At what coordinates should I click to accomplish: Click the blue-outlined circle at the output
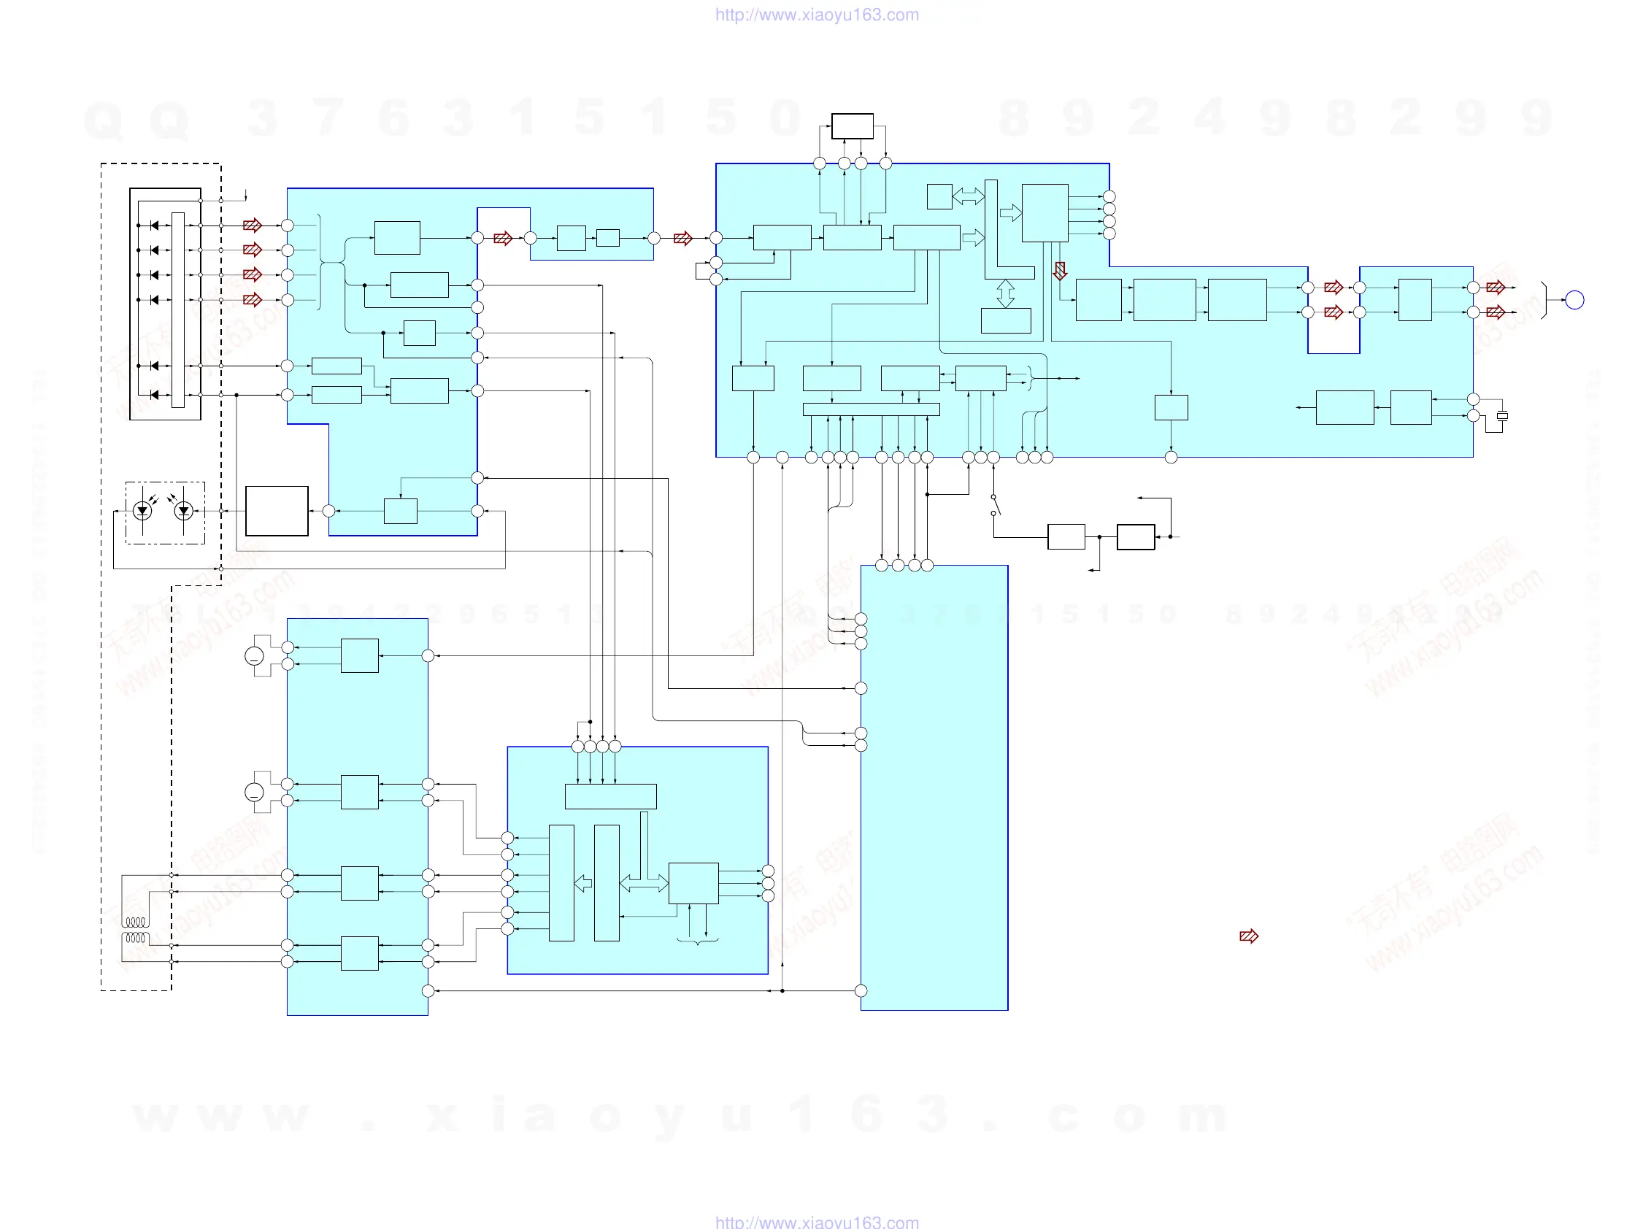pos(1574,300)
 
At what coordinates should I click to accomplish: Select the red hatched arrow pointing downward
pos(1060,271)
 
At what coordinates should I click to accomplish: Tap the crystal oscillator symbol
pos(1502,416)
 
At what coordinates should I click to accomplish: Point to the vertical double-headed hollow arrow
pos(1005,293)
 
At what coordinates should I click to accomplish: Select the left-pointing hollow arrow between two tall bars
pos(583,883)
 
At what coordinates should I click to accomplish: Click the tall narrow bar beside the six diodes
pos(177,309)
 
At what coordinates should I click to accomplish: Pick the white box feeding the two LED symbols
pos(277,511)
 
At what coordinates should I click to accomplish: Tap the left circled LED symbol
pos(142,510)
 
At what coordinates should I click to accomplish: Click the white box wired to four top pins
pos(852,126)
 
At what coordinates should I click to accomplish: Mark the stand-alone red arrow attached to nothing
pos(1248,936)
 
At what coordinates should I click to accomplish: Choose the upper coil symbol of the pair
pos(136,922)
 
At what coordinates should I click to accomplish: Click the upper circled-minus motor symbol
pos(254,655)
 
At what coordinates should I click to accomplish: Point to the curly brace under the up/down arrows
pos(697,941)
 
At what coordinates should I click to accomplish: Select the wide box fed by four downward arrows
pos(609,797)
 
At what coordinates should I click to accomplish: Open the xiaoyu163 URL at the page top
pos(817,15)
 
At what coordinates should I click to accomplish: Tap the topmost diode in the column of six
pos(155,226)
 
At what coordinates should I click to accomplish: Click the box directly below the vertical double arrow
pos(1005,320)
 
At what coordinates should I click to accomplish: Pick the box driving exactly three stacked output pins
pos(693,883)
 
